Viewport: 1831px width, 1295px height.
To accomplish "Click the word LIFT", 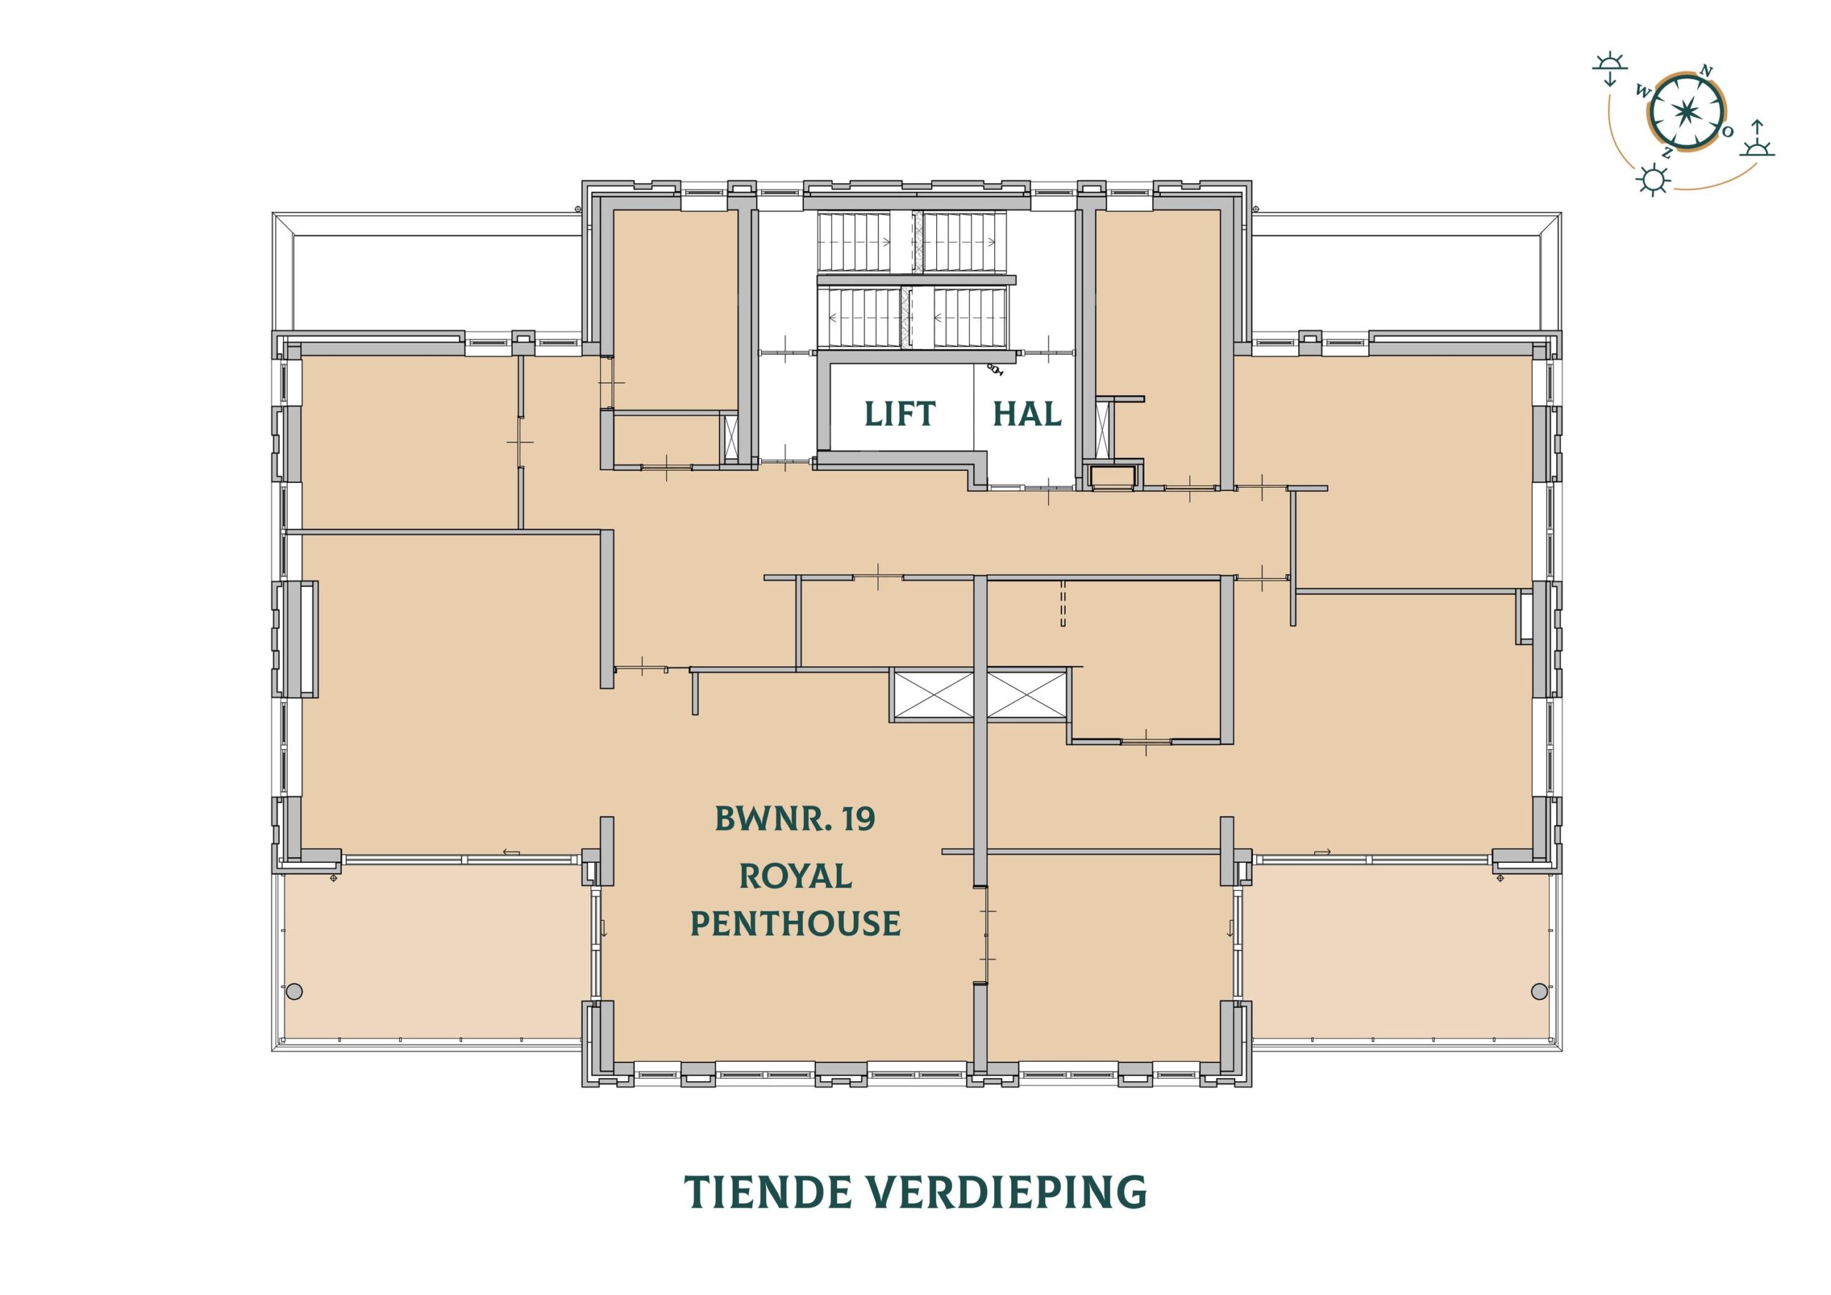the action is click(x=900, y=414).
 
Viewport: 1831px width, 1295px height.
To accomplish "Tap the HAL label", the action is click(x=1026, y=414).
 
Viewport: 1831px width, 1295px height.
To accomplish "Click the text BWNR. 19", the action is click(x=795, y=818).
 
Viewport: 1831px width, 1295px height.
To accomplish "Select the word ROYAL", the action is click(x=795, y=877).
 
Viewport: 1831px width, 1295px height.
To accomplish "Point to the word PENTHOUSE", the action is click(x=795, y=923).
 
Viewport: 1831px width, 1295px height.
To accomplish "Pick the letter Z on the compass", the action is click(x=1666, y=153).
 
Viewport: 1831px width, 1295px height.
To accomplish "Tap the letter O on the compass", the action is click(x=1727, y=132).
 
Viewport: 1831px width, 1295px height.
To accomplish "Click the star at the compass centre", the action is click(x=1684, y=112).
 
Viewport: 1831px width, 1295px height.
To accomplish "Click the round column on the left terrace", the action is click(x=294, y=992).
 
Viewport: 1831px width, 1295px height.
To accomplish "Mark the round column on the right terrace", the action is click(x=1539, y=991).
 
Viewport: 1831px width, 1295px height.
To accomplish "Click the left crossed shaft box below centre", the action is click(x=933, y=695).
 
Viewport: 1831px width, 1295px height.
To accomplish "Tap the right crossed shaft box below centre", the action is click(x=1027, y=695).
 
